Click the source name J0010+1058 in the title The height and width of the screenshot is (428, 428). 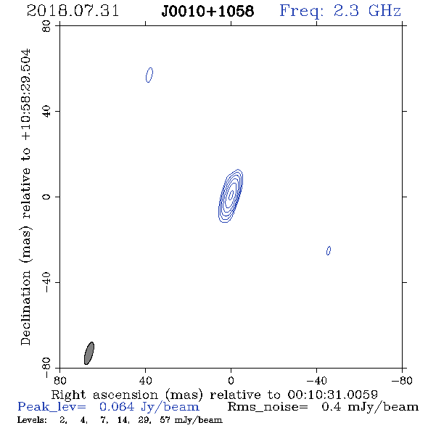[x=207, y=11]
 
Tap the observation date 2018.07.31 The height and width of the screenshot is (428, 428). [x=73, y=11]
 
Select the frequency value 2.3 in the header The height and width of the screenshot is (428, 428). [x=346, y=11]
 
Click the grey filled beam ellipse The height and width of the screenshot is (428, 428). [x=89, y=353]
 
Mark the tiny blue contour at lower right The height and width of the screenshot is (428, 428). [x=329, y=250]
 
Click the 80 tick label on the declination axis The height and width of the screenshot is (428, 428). [x=46, y=26]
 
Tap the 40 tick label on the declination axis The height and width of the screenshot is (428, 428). [x=46, y=112]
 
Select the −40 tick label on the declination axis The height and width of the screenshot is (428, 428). [x=46, y=282]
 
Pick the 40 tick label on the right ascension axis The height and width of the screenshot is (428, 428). [x=146, y=380]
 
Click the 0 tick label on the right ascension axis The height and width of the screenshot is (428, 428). [x=231, y=380]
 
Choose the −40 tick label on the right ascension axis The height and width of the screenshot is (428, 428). [x=316, y=380]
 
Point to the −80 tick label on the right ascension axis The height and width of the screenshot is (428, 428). [x=402, y=380]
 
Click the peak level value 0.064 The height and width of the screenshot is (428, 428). [x=117, y=407]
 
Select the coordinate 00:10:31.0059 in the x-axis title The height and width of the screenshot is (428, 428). [x=332, y=395]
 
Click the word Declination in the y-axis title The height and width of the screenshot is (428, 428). [x=25, y=308]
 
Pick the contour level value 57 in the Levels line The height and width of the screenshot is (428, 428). [x=165, y=420]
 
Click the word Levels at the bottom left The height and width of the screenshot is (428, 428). [x=32, y=420]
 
